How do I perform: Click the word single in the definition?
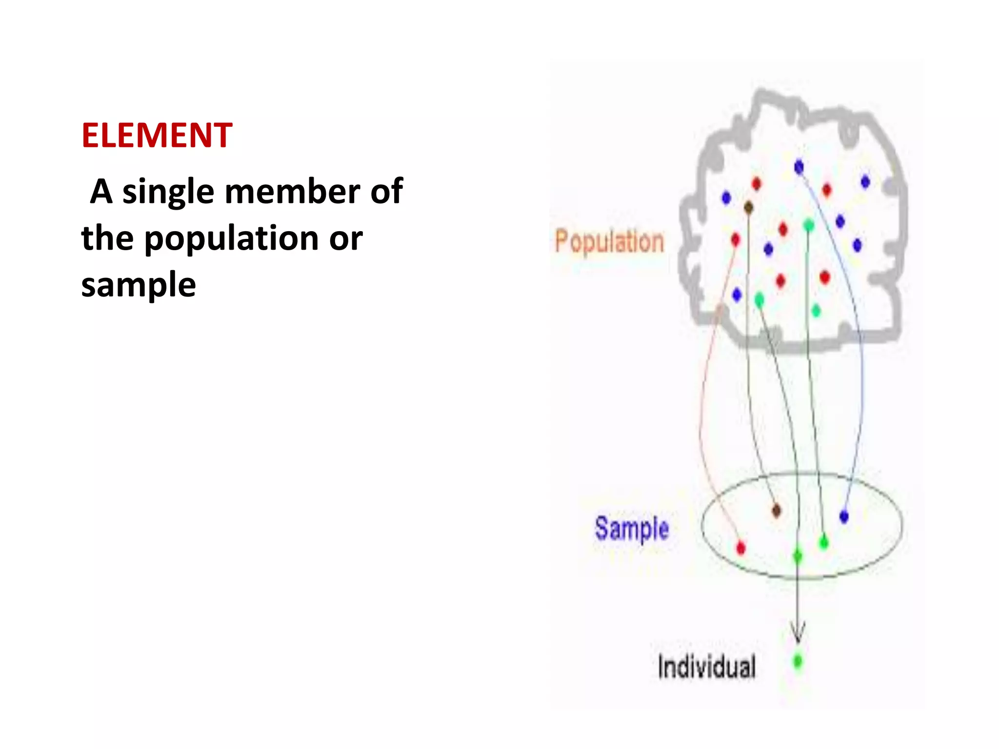[168, 192]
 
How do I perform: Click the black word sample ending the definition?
[139, 285]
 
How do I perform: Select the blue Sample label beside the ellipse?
[631, 529]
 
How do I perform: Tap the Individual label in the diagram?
[706, 667]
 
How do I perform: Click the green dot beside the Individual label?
[798, 662]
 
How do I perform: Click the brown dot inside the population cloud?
[748, 208]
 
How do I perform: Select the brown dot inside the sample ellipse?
[777, 511]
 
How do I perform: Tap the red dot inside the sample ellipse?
[740, 548]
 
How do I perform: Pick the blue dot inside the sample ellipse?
[844, 516]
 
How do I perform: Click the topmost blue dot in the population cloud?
[799, 167]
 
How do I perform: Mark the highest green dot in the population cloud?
[808, 225]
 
